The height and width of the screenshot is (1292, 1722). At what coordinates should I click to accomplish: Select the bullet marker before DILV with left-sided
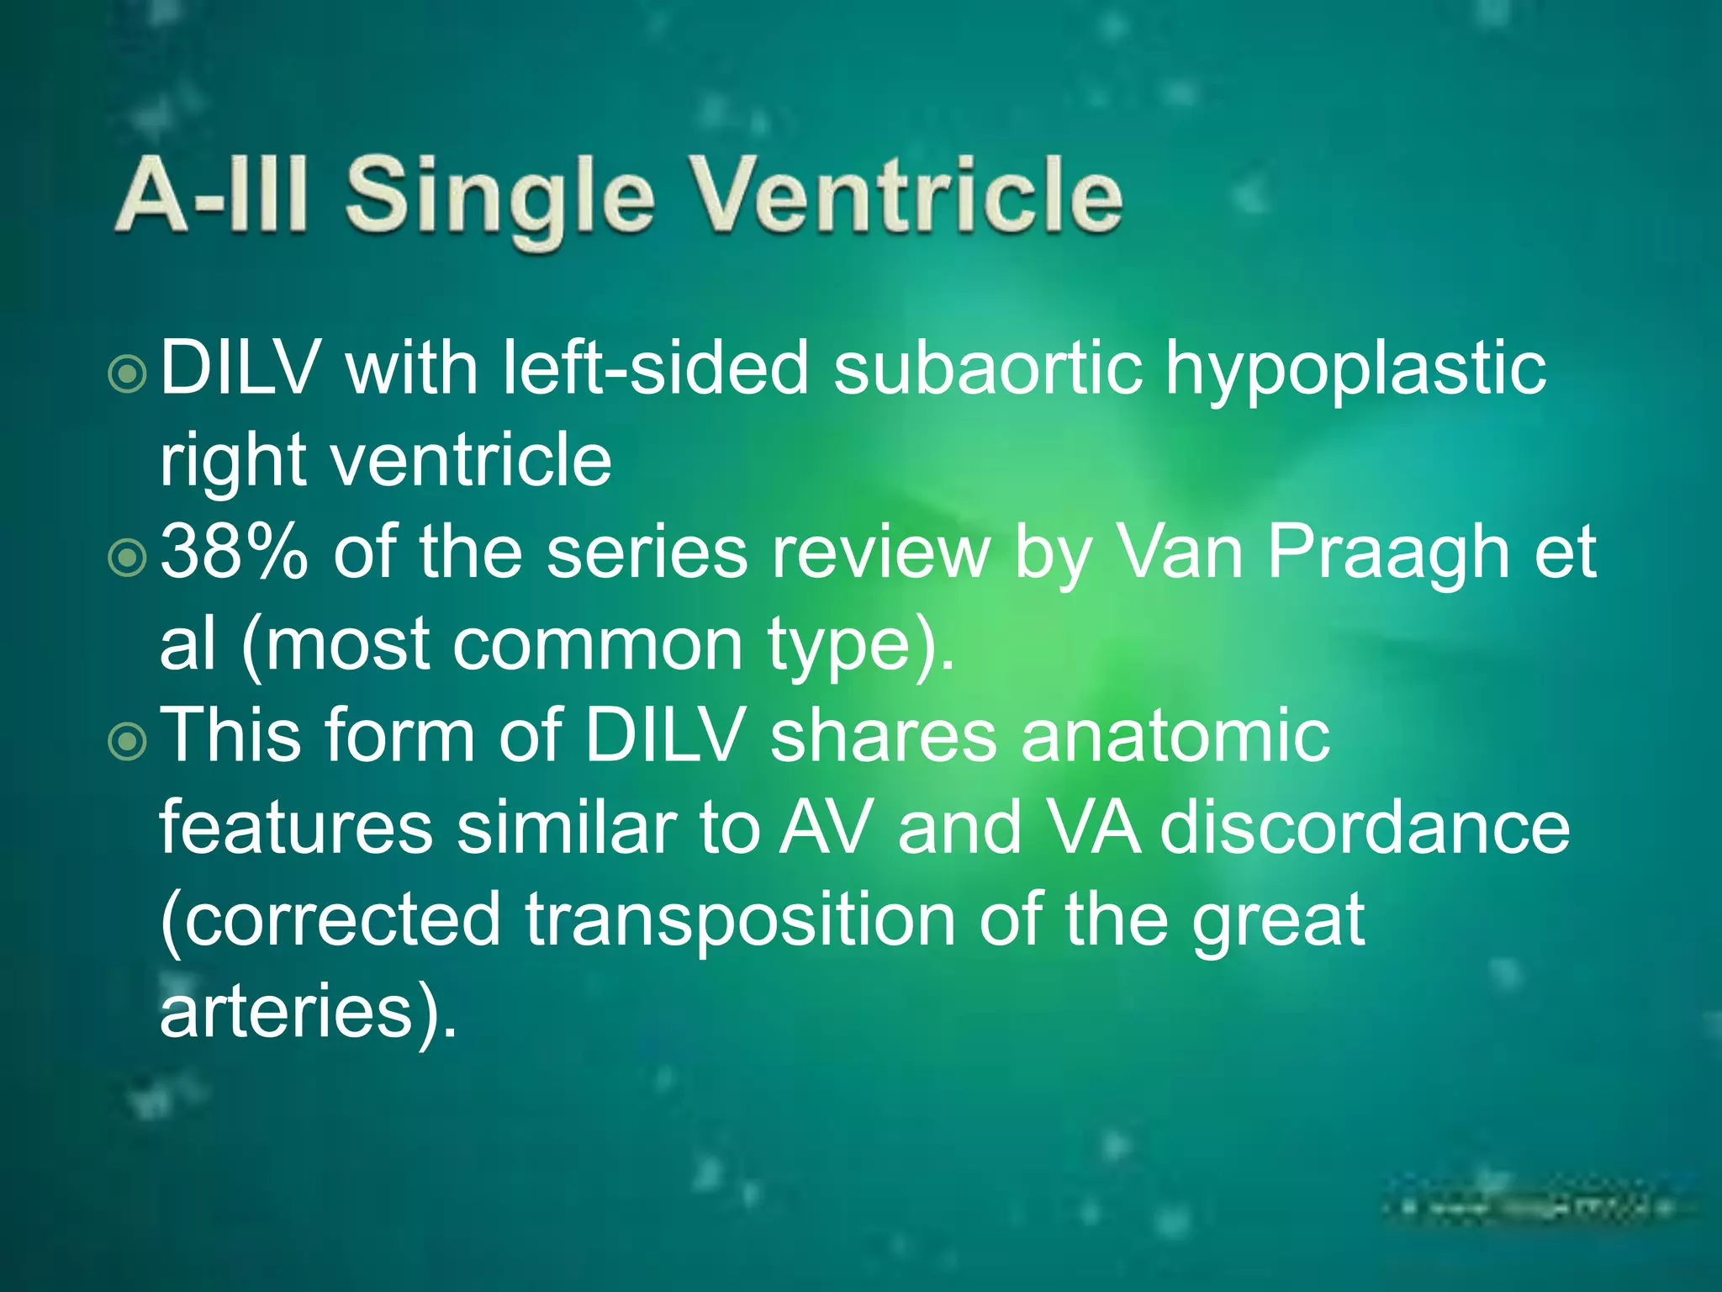tap(129, 373)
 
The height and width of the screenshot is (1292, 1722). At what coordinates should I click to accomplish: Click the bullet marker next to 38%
tap(129, 556)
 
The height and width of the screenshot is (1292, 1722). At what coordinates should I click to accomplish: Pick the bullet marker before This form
tap(129, 740)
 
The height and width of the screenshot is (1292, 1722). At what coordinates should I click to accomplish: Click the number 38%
tap(234, 553)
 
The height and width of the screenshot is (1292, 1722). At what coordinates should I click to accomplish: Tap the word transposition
tap(740, 922)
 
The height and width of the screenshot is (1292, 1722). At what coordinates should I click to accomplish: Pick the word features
tap(296, 828)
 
